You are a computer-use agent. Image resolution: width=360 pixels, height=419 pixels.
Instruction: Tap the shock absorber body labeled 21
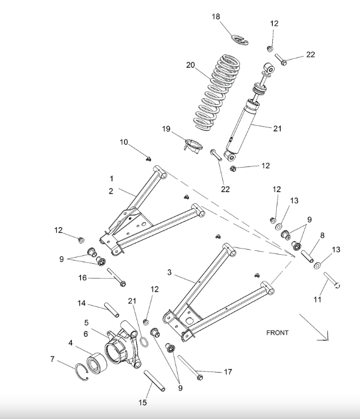point(245,127)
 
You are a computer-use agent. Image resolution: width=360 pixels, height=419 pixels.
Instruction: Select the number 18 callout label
point(216,17)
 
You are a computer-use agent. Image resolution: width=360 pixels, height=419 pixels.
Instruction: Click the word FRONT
point(277,332)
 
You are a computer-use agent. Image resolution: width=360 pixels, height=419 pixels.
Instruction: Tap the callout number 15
point(143,403)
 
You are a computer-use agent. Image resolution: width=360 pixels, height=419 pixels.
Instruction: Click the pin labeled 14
point(112,309)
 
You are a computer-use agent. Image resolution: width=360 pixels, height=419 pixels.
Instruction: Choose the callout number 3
point(169,272)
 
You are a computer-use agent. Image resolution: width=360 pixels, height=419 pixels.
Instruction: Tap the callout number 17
point(228,372)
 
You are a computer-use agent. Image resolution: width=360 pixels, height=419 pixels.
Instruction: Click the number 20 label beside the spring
point(190,65)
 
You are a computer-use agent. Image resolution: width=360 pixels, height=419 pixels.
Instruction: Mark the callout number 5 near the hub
point(86,323)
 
